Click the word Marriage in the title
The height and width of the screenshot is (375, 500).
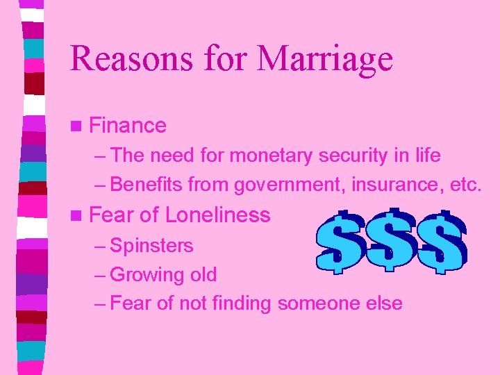[x=325, y=58]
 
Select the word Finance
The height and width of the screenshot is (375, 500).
[x=128, y=126]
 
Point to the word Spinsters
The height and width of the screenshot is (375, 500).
[x=151, y=245]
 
